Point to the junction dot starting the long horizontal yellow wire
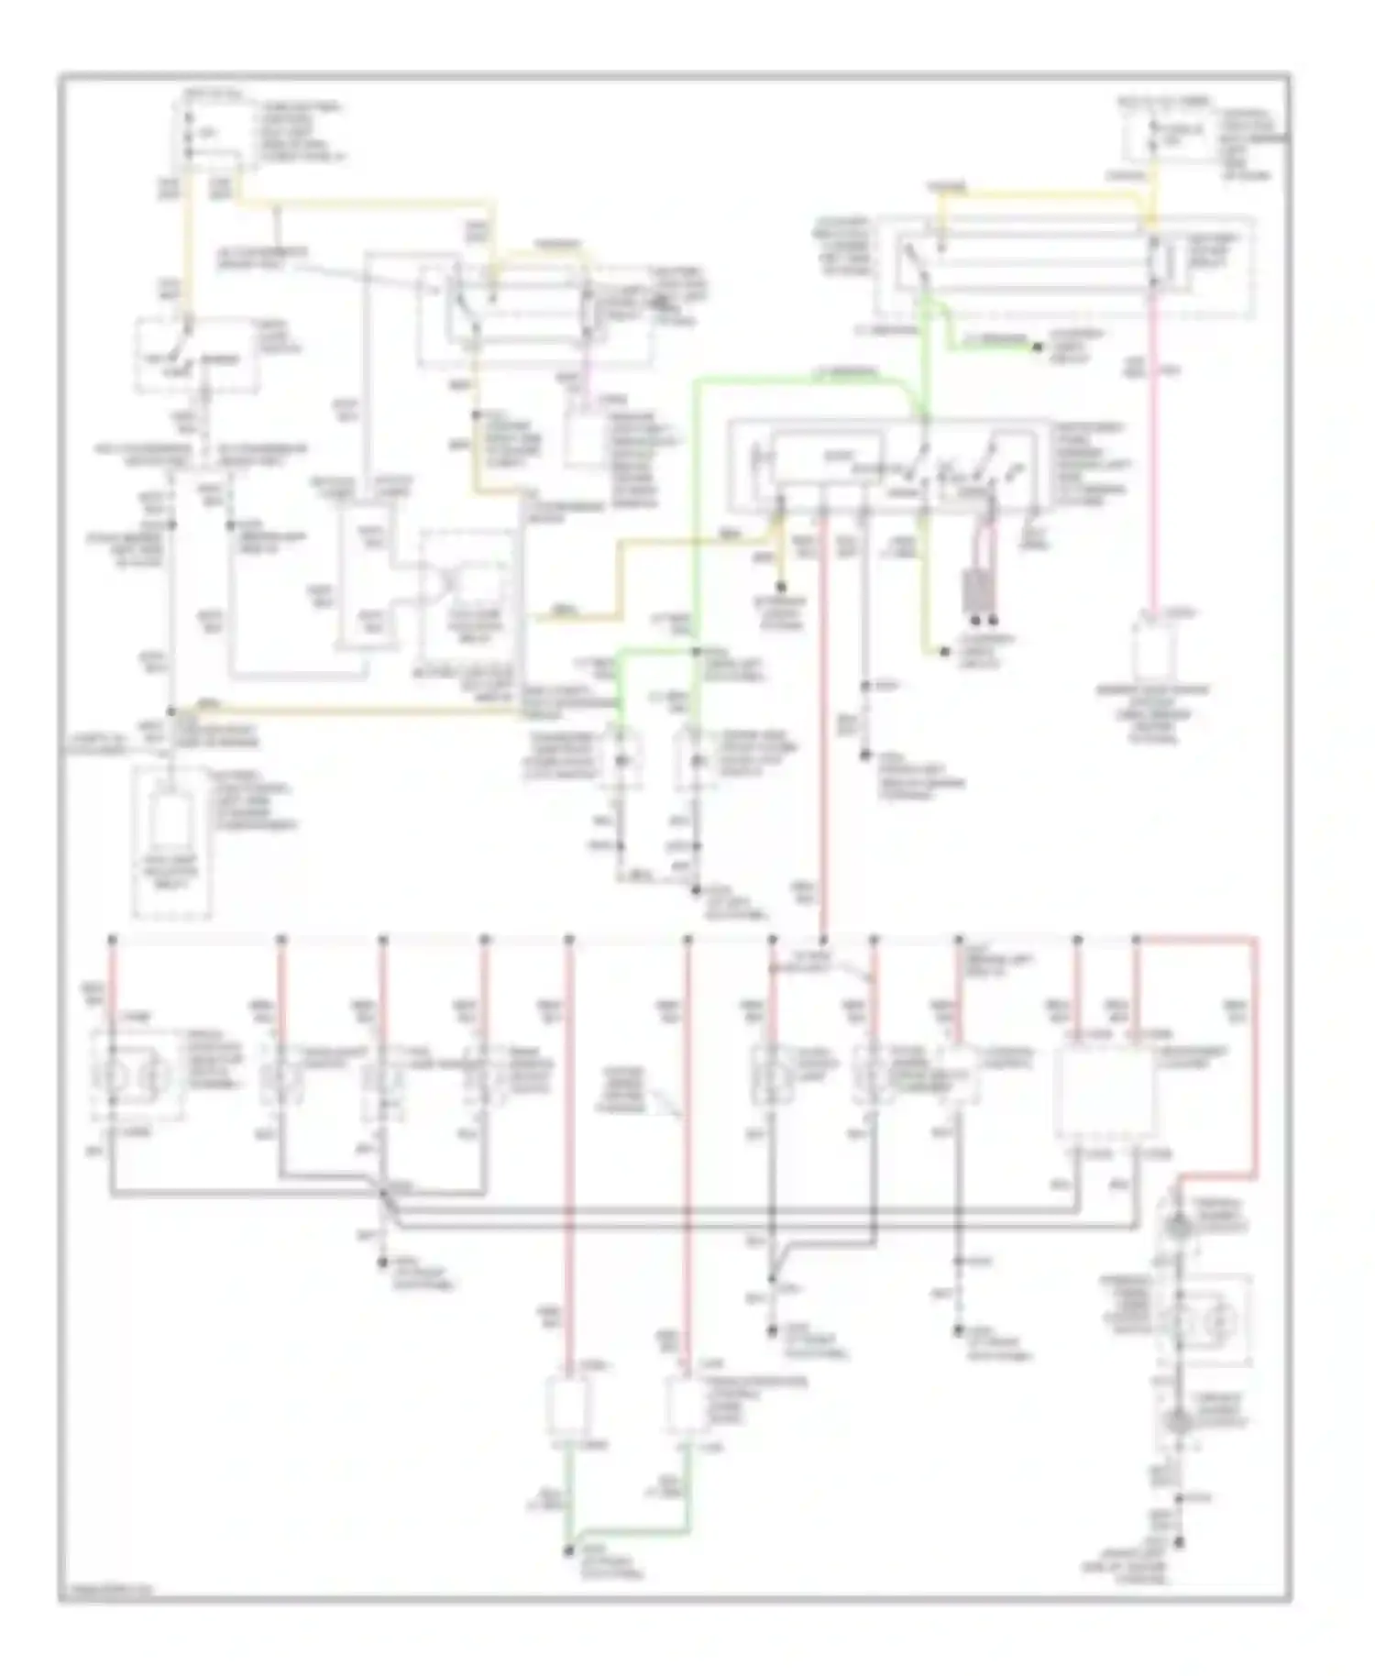click(x=171, y=711)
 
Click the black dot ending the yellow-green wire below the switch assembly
click(x=944, y=652)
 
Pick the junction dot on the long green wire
click(x=697, y=652)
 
